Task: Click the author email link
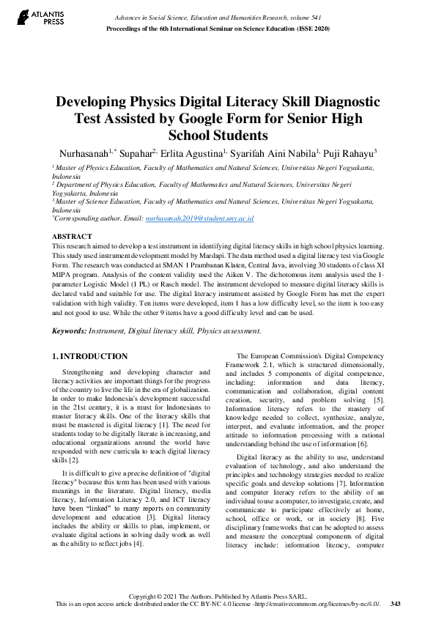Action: (x=199, y=218)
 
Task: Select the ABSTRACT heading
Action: (x=72, y=236)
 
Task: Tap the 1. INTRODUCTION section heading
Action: (x=91, y=357)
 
